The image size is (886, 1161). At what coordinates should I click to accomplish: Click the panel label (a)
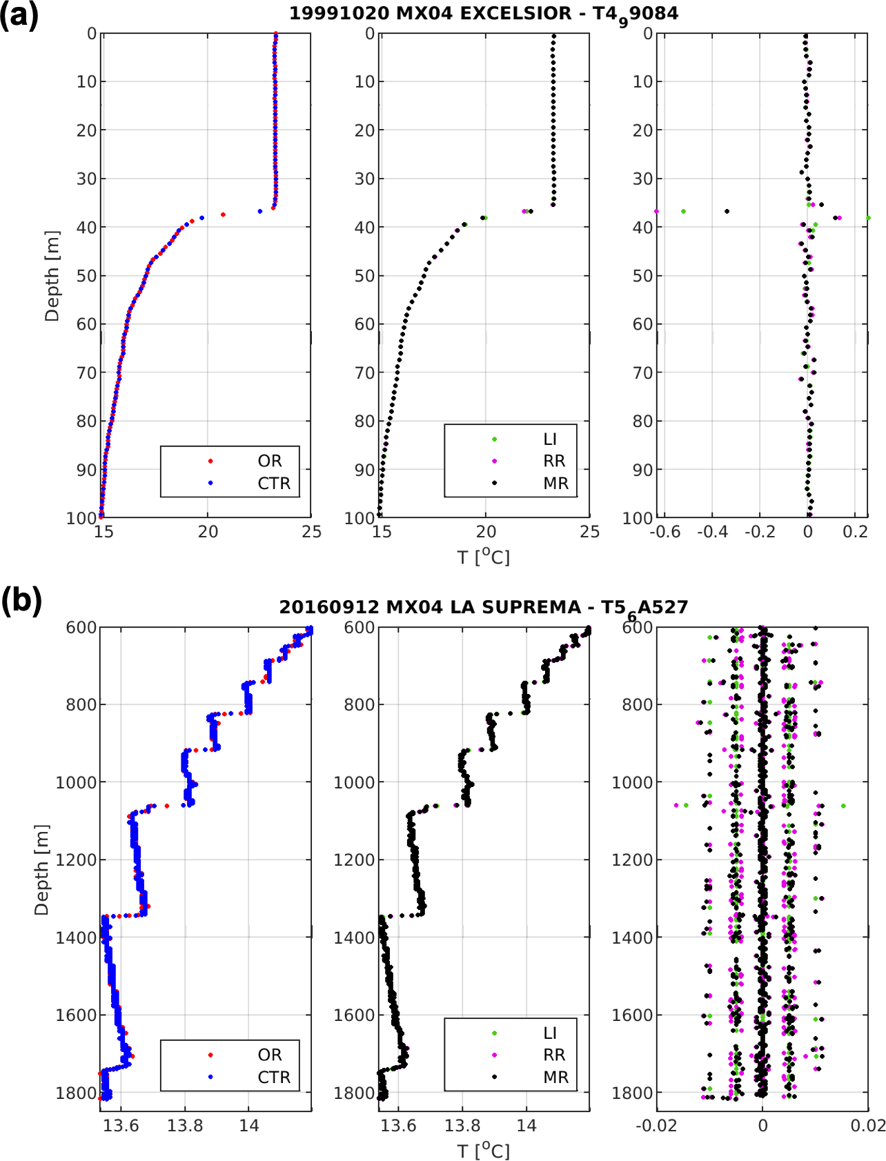click(19, 15)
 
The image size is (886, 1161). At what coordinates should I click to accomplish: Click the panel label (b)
click(21, 600)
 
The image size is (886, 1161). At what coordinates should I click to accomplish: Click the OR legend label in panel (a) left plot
click(270, 461)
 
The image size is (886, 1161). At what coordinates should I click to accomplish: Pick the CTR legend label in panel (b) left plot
click(274, 1077)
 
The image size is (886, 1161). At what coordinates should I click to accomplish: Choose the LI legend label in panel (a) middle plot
click(550, 439)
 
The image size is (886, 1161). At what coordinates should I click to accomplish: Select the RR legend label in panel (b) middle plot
click(554, 1055)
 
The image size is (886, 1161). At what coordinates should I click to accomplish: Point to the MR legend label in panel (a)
click(555, 483)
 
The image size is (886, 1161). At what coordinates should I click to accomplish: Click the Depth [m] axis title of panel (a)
click(52, 276)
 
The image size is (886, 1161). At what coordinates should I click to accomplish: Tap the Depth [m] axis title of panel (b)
click(41, 869)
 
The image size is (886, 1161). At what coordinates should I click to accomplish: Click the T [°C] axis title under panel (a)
click(484, 556)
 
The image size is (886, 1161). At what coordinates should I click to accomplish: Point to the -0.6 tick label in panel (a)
click(664, 532)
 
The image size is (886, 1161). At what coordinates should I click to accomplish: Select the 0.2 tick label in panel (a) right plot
click(855, 532)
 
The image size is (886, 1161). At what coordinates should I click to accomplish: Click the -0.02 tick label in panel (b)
click(656, 1126)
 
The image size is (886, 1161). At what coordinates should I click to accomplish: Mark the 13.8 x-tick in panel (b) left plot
click(185, 1126)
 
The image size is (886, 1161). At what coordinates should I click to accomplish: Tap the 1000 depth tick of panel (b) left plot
click(76, 782)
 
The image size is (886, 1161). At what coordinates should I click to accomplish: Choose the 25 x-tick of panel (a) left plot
click(312, 532)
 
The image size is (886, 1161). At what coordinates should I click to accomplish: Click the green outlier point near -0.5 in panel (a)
click(683, 211)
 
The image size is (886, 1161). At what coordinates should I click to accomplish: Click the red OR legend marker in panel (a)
click(210, 461)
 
